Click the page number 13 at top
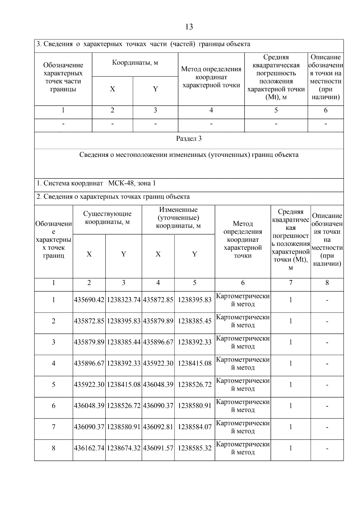tap(189, 27)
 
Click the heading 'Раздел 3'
tap(189, 139)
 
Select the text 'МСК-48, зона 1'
tap(132, 183)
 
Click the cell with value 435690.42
tap(89, 300)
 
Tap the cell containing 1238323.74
tap(124, 300)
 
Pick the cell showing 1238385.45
tap(195, 321)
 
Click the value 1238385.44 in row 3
tap(124, 342)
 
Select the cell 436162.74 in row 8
tap(89, 448)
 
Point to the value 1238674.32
tap(124, 448)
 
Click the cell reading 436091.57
tap(158, 448)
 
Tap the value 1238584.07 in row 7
tap(195, 427)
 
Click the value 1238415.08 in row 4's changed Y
tap(195, 364)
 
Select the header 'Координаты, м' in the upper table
tap(135, 63)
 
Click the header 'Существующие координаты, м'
tap(107, 218)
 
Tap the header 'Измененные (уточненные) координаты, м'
tap(178, 218)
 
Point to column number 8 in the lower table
tap(327, 283)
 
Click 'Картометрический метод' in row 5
tap(243, 385)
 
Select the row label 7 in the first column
tap(54, 427)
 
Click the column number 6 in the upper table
tap(326, 110)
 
